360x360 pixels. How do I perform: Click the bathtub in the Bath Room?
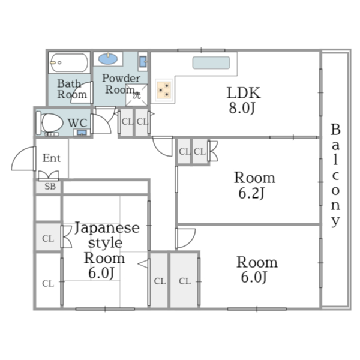coord(69,61)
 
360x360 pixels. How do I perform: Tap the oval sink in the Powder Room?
coord(108,59)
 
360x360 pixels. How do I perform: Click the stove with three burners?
coord(164,89)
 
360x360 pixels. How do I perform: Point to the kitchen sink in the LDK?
coord(211,63)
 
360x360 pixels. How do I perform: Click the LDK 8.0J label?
coord(243,100)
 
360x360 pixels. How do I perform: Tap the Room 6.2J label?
coord(254,185)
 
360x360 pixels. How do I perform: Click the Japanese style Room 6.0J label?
coord(106,250)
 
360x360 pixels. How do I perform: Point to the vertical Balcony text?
coord(335,175)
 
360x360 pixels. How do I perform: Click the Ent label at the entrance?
coord(51,158)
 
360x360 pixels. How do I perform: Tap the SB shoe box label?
coord(48,187)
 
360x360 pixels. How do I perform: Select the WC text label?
coord(77,123)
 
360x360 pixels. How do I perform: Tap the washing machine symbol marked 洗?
coord(136,94)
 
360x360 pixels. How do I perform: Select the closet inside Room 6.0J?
coord(184,280)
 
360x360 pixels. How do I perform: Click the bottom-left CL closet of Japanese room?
coord(47,283)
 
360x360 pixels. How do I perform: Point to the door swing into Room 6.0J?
coord(184,238)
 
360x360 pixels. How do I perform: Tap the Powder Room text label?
coord(121,83)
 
